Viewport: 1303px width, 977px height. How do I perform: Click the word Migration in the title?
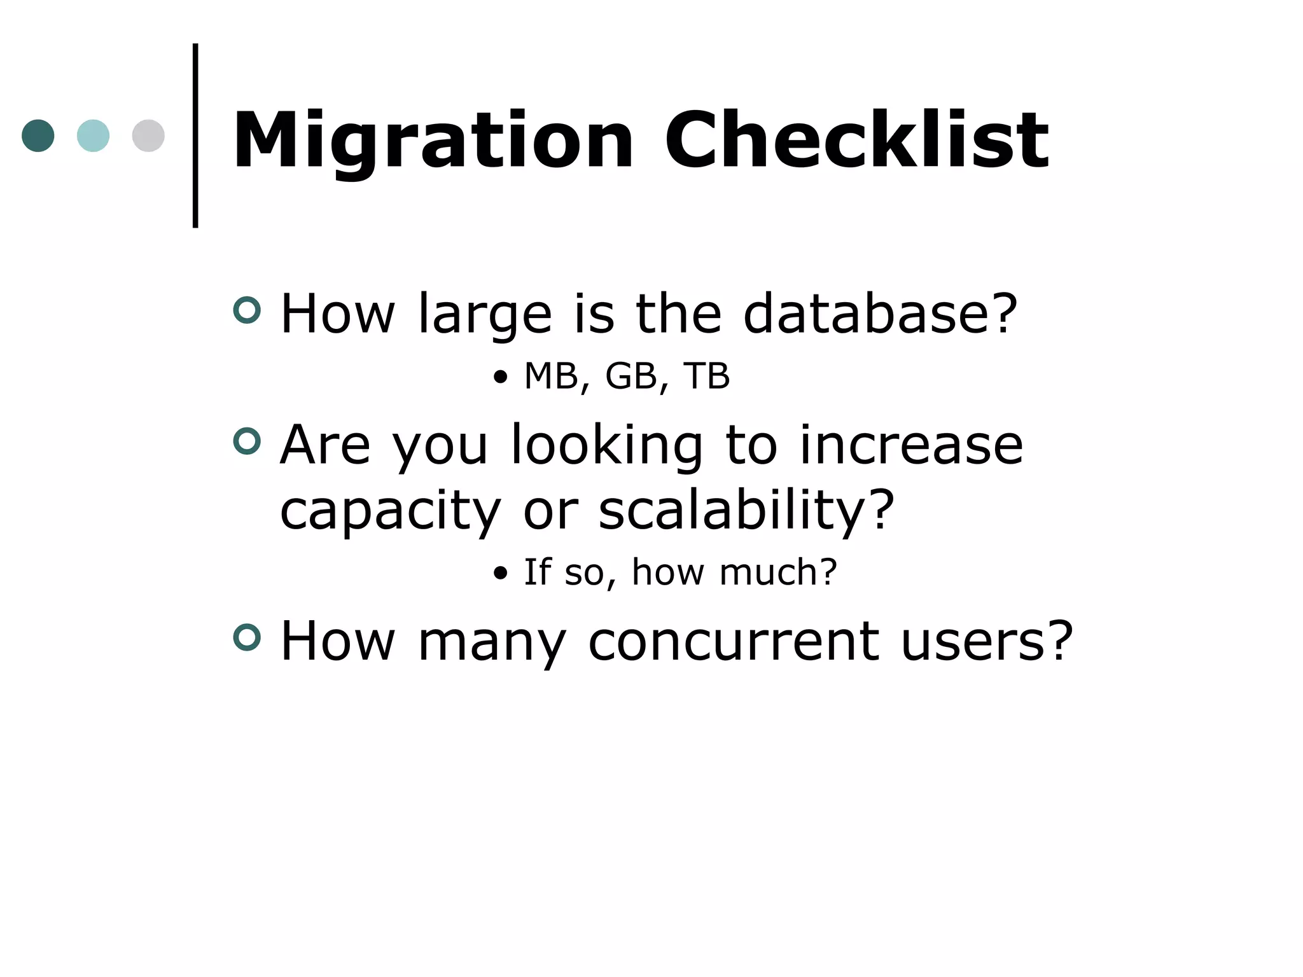click(433, 141)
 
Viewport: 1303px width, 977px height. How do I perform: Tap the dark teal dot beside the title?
click(38, 135)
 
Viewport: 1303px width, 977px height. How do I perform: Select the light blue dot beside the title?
click(93, 135)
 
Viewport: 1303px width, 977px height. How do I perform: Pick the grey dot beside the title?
click(148, 135)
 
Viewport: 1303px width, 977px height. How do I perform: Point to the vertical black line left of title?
click(195, 135)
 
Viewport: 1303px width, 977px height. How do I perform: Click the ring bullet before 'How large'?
click(247, 310)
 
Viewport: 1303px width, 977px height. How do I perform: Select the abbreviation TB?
click(706, 376)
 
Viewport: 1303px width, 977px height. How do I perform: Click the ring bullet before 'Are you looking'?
click(247, 441)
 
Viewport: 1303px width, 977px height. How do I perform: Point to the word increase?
click(910, 445)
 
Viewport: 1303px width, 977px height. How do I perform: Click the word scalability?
click(746, 511)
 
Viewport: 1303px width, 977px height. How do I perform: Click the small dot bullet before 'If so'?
click(501, 574)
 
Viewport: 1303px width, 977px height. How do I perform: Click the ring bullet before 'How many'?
click(247, 637)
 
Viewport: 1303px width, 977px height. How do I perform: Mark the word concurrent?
click(734, 642)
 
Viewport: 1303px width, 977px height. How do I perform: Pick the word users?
click(987, 642)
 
